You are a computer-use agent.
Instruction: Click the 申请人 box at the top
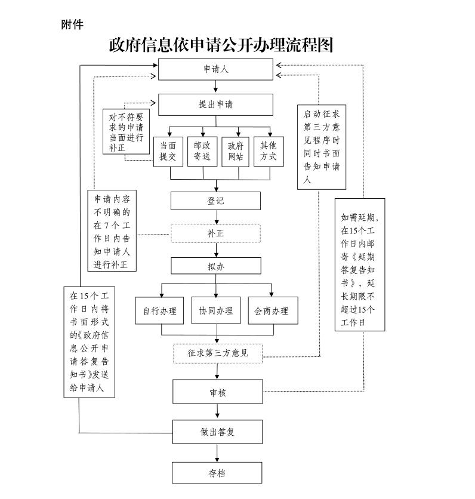215,69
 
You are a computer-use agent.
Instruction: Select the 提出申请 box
215,104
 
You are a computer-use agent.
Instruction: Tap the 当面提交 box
168,152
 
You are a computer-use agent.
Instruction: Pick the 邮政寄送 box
202,152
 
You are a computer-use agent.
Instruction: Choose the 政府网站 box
235,152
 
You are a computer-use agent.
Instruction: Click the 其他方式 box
269,152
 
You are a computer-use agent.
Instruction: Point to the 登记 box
215,201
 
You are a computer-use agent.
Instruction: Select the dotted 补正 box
215,233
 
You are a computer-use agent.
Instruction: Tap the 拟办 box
215,266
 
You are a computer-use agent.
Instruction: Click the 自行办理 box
160,310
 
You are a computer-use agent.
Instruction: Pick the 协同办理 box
215,310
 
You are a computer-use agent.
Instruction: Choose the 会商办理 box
272,310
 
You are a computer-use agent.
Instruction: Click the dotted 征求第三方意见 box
217,353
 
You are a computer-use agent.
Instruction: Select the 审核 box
217,392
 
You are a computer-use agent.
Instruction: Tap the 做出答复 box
217,432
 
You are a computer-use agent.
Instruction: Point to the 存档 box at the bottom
217,473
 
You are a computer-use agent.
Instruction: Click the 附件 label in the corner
72,24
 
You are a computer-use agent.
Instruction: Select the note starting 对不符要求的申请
126,131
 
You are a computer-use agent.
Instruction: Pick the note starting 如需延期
359,264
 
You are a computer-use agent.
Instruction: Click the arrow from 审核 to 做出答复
217,412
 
